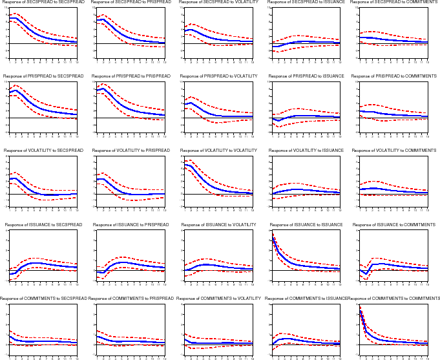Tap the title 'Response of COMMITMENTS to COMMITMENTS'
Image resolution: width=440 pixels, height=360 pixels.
coord(394,298)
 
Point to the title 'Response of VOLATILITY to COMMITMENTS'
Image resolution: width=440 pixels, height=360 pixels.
coord(393,151)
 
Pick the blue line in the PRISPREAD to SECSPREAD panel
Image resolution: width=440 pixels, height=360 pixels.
coord(32,104)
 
